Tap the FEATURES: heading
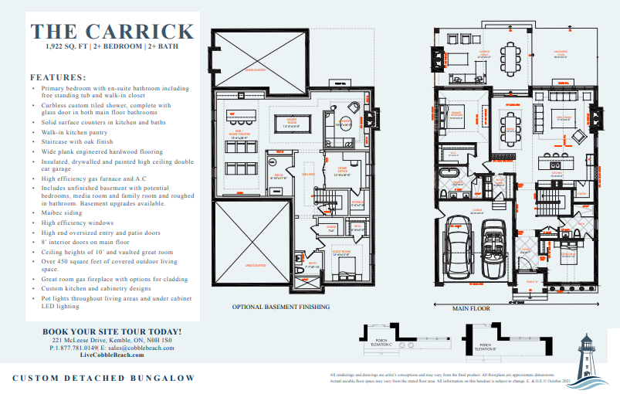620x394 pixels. pos(57,77)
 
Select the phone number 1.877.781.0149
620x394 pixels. pos(84,348)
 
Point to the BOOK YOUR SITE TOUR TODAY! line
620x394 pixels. pos(113,331)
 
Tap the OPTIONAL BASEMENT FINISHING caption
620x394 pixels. pos(281,307)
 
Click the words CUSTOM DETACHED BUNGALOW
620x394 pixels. pos(103,378)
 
